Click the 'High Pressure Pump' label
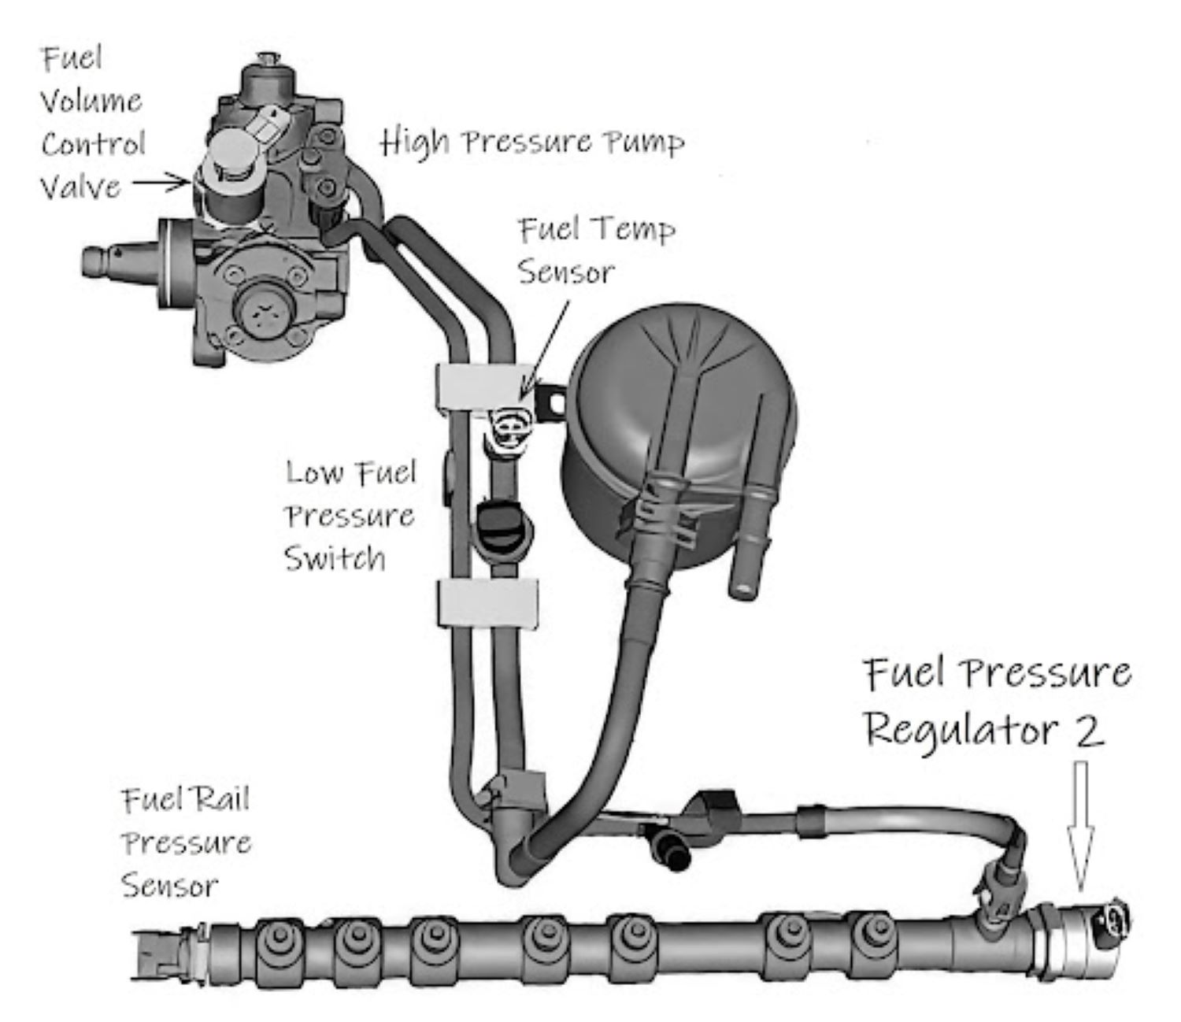click(532, 143)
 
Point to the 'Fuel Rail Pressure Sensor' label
click(186, 842)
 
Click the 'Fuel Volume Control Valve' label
click(92, 123)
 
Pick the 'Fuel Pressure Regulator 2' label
click(996, 701)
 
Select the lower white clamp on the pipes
click(487, 604)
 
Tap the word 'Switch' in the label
click(335, 558)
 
